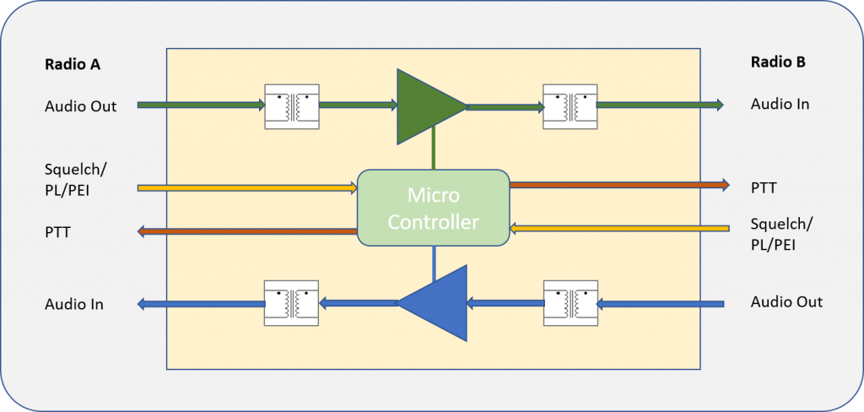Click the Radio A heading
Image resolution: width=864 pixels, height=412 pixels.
click(x=73, y=64)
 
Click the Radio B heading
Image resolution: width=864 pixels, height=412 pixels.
click(x=778, y=62)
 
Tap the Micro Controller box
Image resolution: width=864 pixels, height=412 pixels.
click(x=433, y=208)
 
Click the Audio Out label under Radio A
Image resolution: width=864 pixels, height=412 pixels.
click(x=80, y=106)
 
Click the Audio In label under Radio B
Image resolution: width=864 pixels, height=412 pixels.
click(x=780, y=104)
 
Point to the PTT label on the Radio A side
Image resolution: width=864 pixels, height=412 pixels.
click(x=58, y=232)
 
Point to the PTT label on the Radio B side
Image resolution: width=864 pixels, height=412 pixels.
click(x=764, y=188)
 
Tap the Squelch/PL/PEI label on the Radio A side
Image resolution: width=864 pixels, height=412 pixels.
click(x=75, y=178)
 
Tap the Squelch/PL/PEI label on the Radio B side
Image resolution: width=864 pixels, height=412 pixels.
click(x=782, y=234)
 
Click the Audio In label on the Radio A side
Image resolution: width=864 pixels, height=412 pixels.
click(x=74, y=304)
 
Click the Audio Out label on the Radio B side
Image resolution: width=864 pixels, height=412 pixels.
click(x=786, y=301)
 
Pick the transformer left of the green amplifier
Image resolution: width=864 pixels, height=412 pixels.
click(x=291, y=106)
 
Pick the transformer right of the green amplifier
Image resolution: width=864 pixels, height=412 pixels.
click(x=570, y=106)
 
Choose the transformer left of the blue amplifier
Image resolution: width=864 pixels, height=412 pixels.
click(x=291, y=303)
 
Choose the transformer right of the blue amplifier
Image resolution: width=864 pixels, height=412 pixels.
click(x=570, y=303)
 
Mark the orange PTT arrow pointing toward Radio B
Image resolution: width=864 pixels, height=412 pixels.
click(x=619, y=185)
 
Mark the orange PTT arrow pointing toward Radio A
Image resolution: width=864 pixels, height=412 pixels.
click(x=247, y=231)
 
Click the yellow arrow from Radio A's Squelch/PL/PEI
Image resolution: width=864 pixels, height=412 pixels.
click(x=247, y=188)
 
